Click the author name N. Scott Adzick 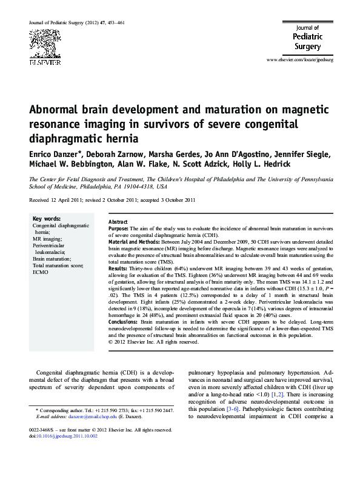[x=217, y=165]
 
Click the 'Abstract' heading [x=118, y=222]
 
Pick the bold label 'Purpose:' [x=119, y=229]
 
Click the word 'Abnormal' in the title [x=62, y=111]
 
